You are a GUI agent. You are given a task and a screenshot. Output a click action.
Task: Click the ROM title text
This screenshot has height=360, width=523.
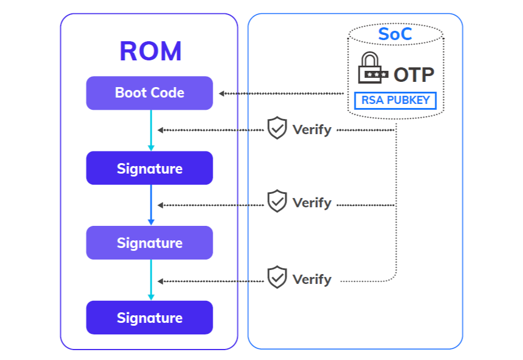click(x=151, y=51)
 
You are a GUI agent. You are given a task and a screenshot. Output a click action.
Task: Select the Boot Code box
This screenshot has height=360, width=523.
click(x=149, y=93)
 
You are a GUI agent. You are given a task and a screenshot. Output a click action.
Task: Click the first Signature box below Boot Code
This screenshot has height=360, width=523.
click(x=149, y=168)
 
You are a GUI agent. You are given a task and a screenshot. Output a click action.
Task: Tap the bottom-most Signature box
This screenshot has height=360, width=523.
click(x=149, y=318)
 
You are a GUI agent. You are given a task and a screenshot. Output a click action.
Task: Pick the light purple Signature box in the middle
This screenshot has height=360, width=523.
click(x=149, y=243)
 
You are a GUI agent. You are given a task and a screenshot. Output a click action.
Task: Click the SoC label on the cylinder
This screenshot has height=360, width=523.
click(x=395, y=34)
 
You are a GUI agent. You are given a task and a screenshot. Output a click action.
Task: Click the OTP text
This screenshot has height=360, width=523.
click(x=414, y=75)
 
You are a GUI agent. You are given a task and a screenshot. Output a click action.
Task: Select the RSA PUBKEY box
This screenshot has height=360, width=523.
click(x=395, y=100)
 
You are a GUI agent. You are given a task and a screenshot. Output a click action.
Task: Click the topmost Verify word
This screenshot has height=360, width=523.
click(x=311, y=129)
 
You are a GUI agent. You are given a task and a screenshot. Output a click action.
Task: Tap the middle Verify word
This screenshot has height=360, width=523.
click(x=311, y=203)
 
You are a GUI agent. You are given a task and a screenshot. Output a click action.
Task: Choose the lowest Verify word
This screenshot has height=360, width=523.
click(x=311, y=279)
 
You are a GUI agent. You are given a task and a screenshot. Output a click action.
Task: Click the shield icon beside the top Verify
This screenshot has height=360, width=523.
click(x=277, y=128)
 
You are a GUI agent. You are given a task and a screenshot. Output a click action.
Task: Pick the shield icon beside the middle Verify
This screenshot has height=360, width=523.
click(x=277, y=201)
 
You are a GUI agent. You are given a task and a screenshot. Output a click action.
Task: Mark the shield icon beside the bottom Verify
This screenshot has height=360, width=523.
click(x=277, y=278)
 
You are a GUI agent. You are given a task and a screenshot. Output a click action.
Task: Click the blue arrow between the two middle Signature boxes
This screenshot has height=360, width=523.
click(x=151, y=205)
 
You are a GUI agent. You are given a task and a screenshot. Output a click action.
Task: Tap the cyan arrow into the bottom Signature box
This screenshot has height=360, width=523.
click(x=151, y=280)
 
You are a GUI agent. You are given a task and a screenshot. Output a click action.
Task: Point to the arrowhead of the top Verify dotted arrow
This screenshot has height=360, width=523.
click(x=160, y=130)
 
